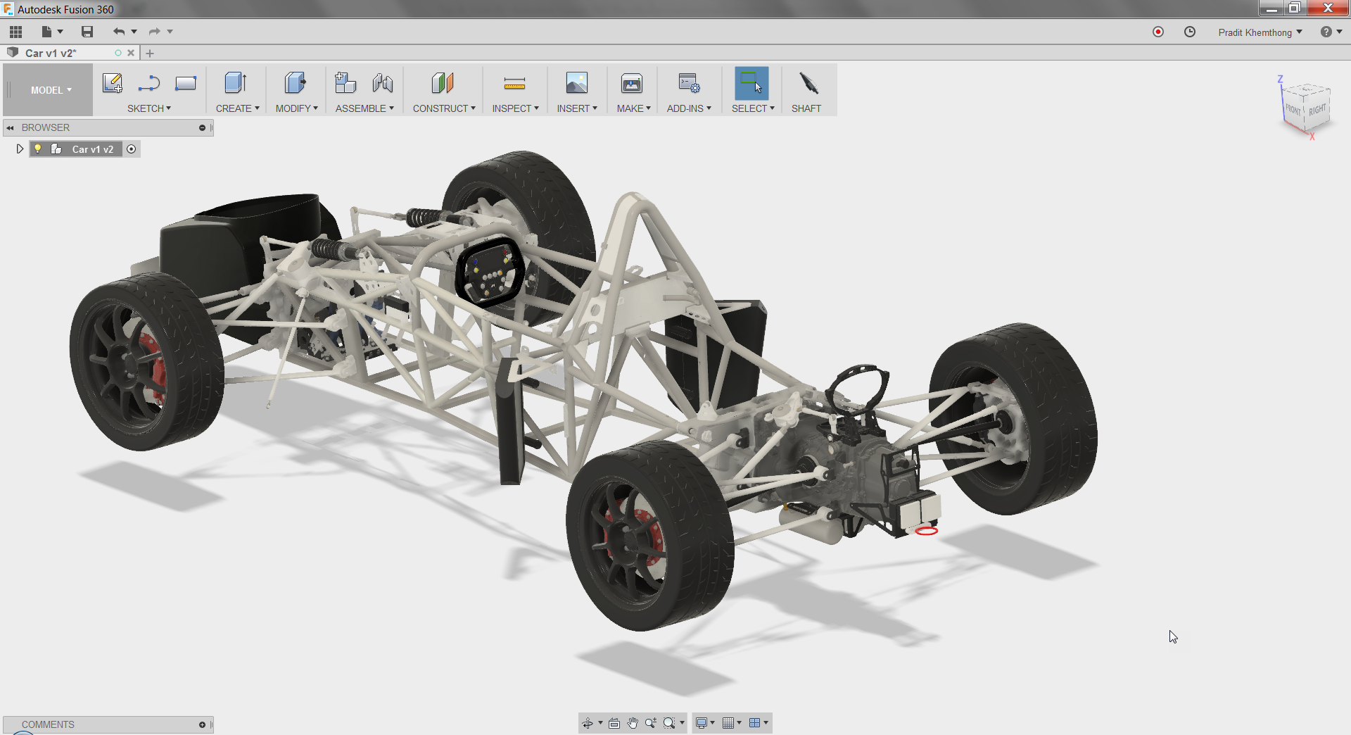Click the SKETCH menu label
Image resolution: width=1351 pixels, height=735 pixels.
point(148,108)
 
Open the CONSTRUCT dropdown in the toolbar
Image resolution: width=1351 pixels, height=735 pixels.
point(443,108)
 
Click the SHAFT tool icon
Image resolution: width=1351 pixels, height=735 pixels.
point(808,84)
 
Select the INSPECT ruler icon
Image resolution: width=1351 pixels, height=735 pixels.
point(514,84)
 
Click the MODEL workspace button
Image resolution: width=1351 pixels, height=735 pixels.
point(49,90)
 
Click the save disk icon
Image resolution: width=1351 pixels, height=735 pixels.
point(87,32)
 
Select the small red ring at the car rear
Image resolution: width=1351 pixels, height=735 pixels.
point(926,531)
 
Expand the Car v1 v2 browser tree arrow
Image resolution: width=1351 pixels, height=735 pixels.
point(20,149)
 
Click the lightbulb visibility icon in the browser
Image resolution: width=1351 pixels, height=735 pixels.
point(38,149)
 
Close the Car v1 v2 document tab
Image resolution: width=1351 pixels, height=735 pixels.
point(131,53)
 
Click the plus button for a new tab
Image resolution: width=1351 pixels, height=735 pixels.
point(150,53)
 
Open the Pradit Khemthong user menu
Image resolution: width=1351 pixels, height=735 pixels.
point(1260,32)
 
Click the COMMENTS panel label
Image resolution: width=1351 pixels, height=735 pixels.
point(48,724)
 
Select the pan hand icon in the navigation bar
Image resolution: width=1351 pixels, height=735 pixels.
point(633,723)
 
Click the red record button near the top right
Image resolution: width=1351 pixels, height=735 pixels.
point(1158,32)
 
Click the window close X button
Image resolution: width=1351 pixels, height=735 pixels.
point(1327,8)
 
